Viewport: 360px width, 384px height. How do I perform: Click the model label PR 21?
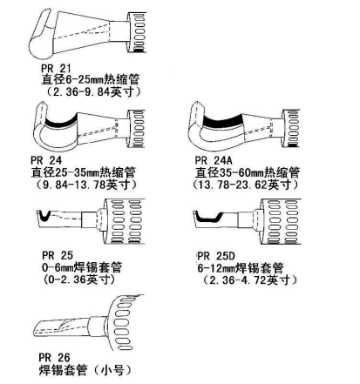pyautogui.click(x=56, y=69)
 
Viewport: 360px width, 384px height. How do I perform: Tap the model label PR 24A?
pyautogui.click(x=214, y=160)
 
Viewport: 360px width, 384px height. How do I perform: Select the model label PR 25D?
pyautogui.click(x=216, y=256)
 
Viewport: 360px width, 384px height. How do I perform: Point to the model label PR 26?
pyautogui.click(x=55, y=357)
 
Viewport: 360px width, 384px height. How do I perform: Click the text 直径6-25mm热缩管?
pyautogui.click(x=91, y=79)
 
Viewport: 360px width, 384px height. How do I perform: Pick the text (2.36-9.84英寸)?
pyautogui.click(x=94, y=91)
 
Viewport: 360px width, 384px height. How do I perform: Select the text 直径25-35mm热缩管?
pyautogui.click(x=83, y=172)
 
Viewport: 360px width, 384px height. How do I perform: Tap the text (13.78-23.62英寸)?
pyautogui.click(x=245, y=185)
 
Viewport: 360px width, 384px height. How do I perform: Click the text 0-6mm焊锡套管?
pyautogui.click(x=82, y=267)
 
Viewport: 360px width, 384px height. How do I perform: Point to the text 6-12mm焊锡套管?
pyautogui.click(x=241, y=268)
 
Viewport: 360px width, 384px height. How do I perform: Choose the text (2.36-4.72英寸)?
pyautogui.click(x=249, y=280)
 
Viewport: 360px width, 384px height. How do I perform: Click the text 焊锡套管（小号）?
pyautogui.click(x=85, y=370)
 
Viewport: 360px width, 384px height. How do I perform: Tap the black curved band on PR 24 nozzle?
pyautogui.click(x=60, y=123)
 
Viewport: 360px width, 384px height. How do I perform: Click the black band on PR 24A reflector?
pyautogui.click(x=223, y=121)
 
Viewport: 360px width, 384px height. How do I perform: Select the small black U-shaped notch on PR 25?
pyautogui.click(x=44, y=216)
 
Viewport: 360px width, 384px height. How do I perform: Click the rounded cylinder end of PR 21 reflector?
pyautogui.click(x=41, y=46)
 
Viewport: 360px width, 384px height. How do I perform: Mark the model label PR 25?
pyautogui.click(x=58, y=255)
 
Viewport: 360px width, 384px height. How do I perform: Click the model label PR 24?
pyautogui.click(x=46, y=160)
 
